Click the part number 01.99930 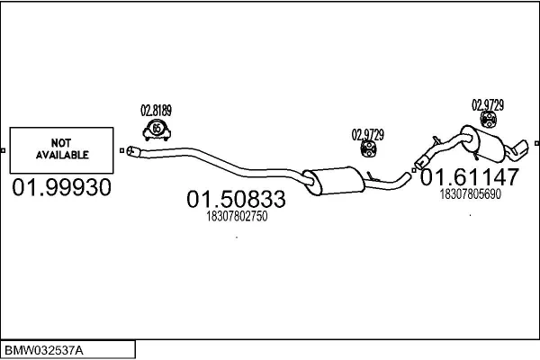pos(61,187)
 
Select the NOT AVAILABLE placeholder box pos(61,150)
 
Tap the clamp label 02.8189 pos(156,111)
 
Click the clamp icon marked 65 pos(157,130)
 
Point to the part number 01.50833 pos(236,199)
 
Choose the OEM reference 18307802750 pos(237,216)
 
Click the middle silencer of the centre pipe pos(333,181)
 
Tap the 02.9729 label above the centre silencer pos(367,135)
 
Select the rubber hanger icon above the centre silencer pos(368,148)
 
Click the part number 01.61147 pos(470,177)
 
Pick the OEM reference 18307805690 pos(471,194)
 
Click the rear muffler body pos(483,143)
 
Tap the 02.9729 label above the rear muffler pos(488,105)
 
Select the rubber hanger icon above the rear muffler pos(489,119)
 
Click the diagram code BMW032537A pos(44,351)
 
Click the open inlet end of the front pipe pos(130,151)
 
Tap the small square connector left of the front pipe pos(121,150)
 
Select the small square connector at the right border pos(536,143)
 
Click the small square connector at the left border pos(3,150)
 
